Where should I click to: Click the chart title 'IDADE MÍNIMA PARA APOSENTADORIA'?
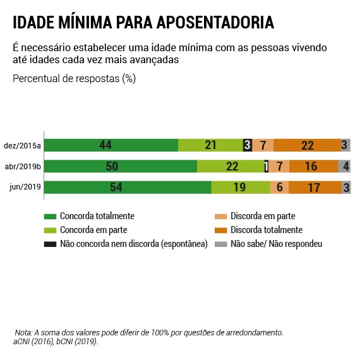point(143,23)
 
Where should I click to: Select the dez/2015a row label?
point(23,146)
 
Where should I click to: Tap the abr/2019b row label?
point(23,167)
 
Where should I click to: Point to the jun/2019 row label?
point(26,188)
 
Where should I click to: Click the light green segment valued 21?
point(210,145)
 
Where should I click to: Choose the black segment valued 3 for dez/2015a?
point(247,145)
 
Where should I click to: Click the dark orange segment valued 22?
point(307,145)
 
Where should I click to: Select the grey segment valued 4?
point(344,167)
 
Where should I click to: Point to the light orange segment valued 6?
point(279,188)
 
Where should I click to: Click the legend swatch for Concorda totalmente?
point(50,216)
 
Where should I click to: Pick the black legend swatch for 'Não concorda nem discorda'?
point(50,244)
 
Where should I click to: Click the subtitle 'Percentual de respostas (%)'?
point(74,79)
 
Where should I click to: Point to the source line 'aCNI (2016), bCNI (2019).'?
point(56,341)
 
